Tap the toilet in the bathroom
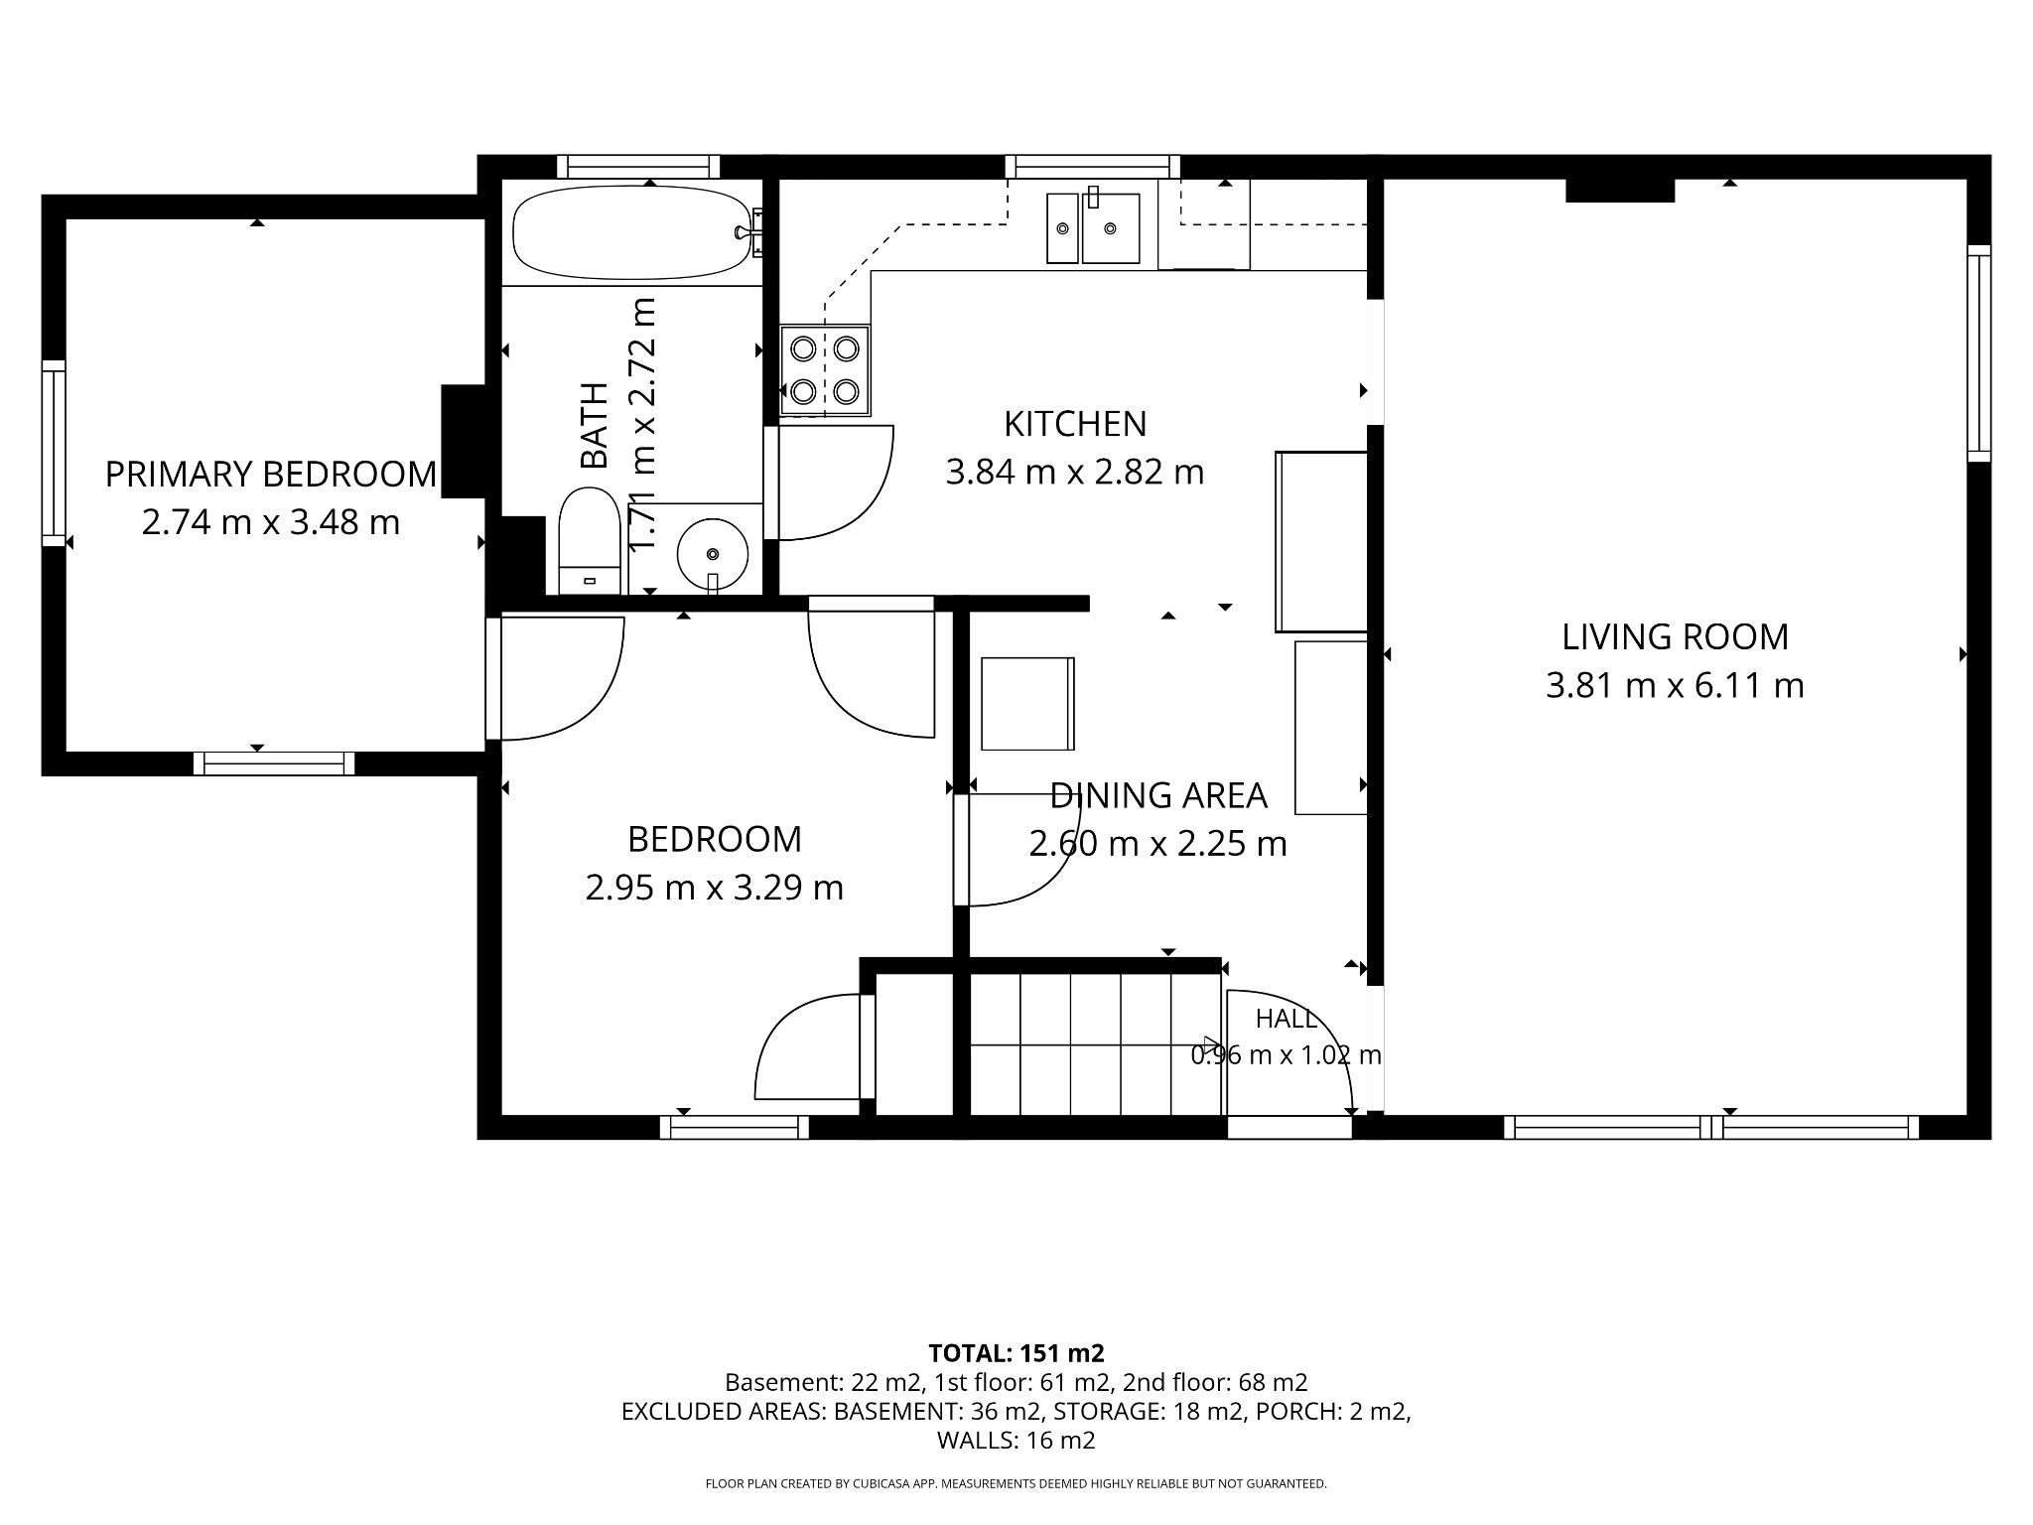coord(590,541)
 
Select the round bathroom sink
coord(713,554)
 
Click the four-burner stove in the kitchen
coord(825,370)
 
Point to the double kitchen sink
coord(1093,227)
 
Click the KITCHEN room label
coord(1075,424)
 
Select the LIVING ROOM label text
coord(1676,637)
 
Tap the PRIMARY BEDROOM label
coord(270,475)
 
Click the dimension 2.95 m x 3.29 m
coord(715,887)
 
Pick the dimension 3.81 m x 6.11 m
coord(1676,685)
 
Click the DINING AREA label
coord(1158,795)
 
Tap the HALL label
coord(1287,1019)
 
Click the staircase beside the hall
coord(1095,1043)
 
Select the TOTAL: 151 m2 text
coord(1016,1353)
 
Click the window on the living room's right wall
coord(1979,352)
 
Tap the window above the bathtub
coord(638,166)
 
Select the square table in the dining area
coord(1027,704)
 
